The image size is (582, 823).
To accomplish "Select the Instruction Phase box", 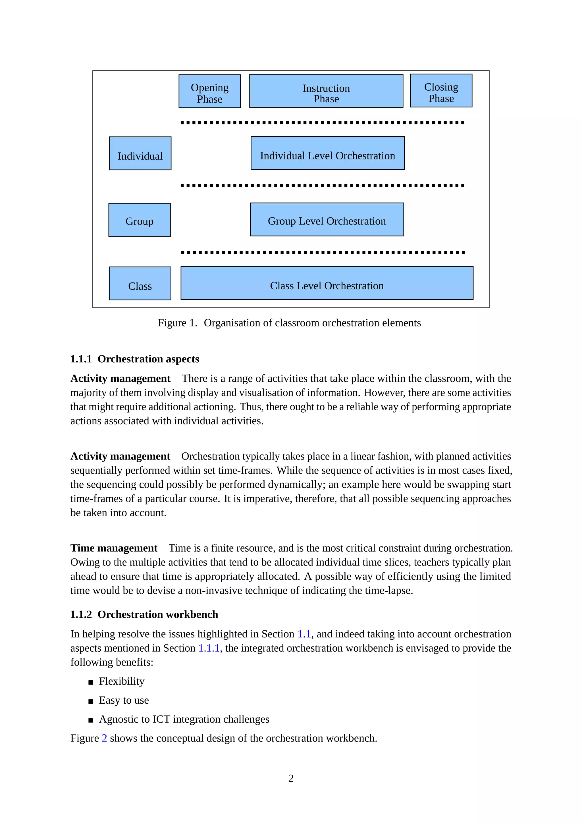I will pyautogui.click(x=326, y=91).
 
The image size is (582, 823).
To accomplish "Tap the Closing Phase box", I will pyautogui.click(x=441, y=91).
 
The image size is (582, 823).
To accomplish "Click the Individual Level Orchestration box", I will pyautogui.click(x=328, y=153).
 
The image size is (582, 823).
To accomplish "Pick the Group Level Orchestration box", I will pyautogui.click(x=327, y=220).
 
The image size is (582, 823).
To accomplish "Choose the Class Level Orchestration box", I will pyautogui.click(x=327, y=283).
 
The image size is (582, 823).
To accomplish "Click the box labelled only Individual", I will pyautogui.click(x=140, y=154).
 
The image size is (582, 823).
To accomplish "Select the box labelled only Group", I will pyautogui.click(x=140, y=220).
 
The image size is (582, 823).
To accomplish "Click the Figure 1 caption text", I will pyautogui.click(x=289, y=323).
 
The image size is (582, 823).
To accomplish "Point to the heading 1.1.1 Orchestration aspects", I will pyautogui.click(x=135, y=359).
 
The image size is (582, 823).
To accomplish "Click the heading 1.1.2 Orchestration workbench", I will pyautogui.click(x=144, y=614).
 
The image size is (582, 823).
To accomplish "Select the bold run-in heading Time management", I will pyautogui.click(x=114, y=548).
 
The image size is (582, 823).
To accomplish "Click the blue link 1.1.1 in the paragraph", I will pyautogui.click(x=209, y=648).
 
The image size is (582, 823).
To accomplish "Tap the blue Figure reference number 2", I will pyautogui.click(x=104, y=738).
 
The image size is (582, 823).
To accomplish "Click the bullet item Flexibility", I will pyautogui.click(x=122, y=681).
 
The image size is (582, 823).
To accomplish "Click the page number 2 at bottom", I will pyautogui.click(x=291, y=779).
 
